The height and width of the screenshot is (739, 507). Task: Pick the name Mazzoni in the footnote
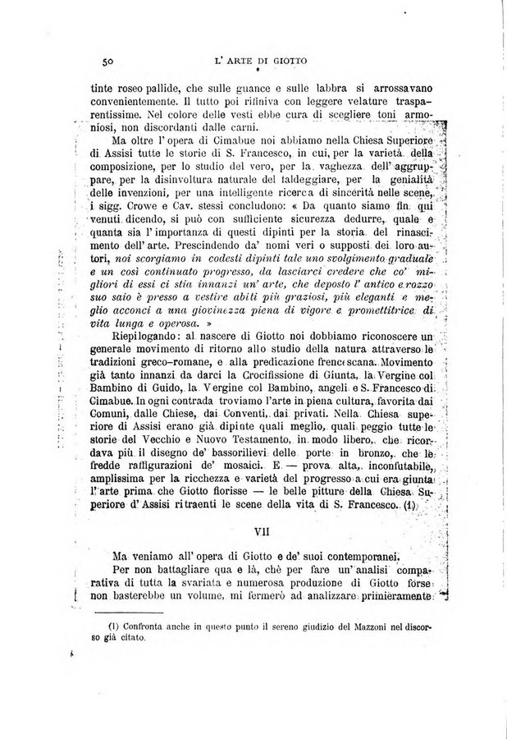click(x=377, y=630)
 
